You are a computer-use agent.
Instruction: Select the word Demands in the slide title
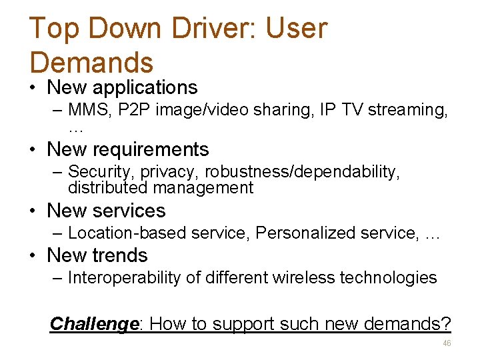click(x=92, y=63)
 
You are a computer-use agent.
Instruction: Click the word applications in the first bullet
click(x=145, y=87)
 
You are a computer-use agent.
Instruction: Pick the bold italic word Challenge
click(x=94, y=324)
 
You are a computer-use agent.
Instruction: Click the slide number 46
click(x=447, y=343)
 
